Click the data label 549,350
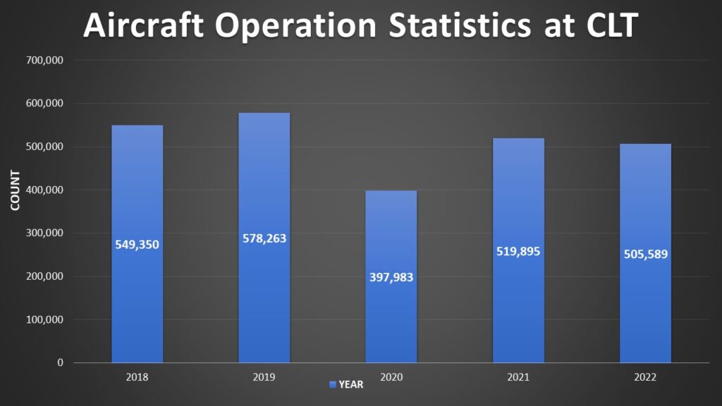point(137,245)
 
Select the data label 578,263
point(264,238)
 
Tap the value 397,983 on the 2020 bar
point(391,277)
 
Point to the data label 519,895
point(518,251)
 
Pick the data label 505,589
point(645,254)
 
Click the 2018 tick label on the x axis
point(137,377)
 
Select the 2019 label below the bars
point(264,377)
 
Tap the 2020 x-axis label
point(391,377)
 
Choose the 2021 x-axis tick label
point(518,377)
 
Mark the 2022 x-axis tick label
point(645,377)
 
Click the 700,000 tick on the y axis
point(45,61)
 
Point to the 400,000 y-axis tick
point(45,190)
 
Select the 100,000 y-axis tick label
point(45,319)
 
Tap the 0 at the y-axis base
point(60,362)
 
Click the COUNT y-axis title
point(15,191)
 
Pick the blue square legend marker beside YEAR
point(333,385)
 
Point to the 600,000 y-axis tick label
point(45,104)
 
